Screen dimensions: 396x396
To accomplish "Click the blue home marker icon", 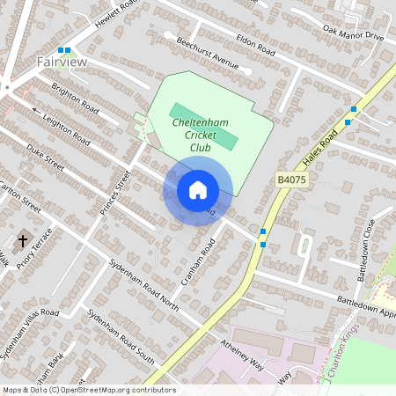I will tap(198, 190).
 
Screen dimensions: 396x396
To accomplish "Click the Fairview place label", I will tap(62, 62).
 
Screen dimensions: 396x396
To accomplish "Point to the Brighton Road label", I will tap(74, 96).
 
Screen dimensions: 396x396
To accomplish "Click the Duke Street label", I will tap(45, 157).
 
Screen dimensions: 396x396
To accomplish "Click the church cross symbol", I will tap(22, 240).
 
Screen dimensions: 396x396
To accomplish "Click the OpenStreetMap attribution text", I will tap(89, 389).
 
